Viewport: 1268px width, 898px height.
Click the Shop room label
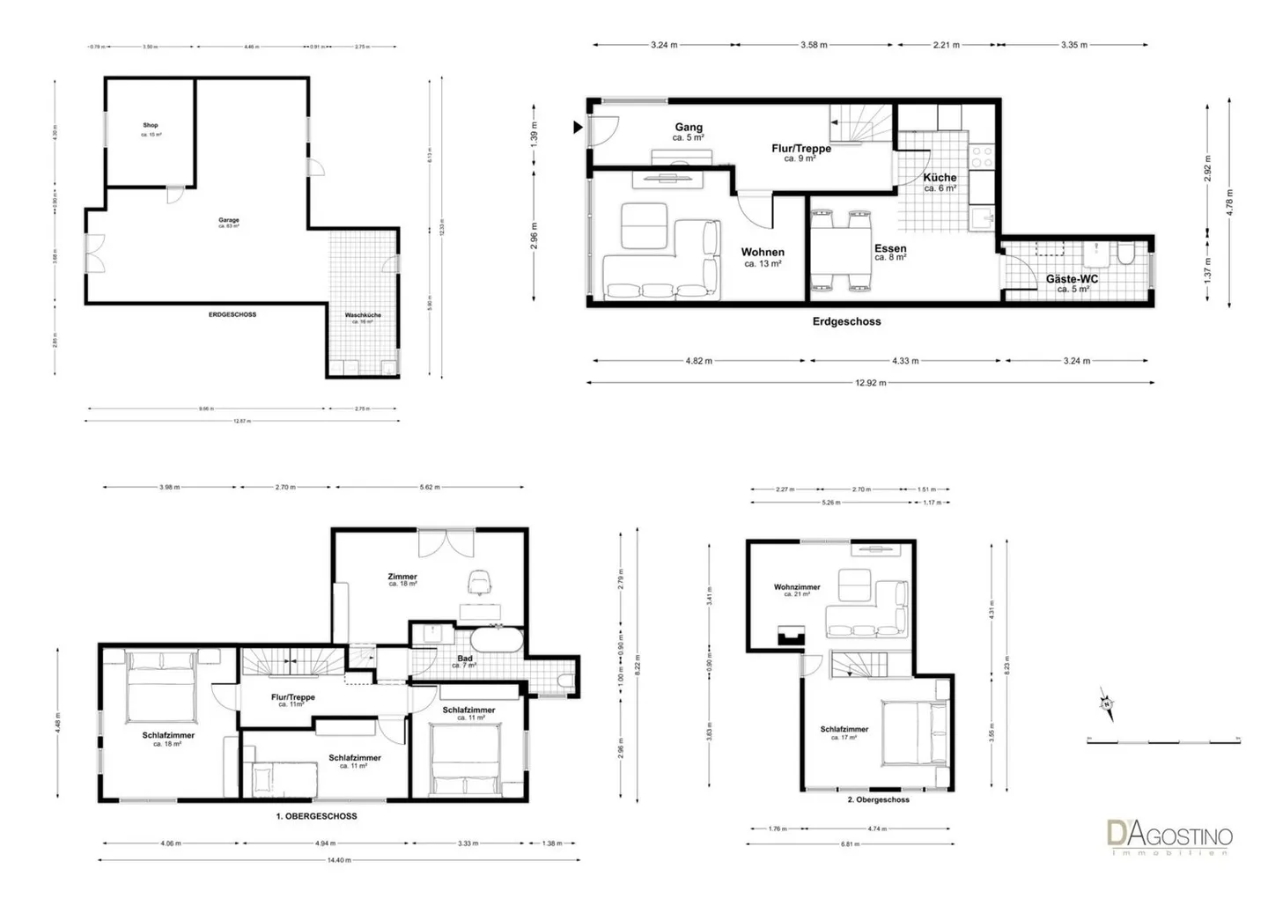[x=151, y=126]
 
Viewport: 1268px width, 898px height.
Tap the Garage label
[x=229, y=220]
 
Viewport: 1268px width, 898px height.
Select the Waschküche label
[x=363, y=315]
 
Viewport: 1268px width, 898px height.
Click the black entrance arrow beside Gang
[x=578, y=128]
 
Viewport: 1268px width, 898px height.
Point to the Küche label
[x=940, y=178]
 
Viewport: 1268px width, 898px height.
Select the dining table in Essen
[x=840, y=250]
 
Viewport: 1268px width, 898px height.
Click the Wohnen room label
[x=763, y=253]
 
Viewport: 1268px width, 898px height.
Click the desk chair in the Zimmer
[x=479, y=582]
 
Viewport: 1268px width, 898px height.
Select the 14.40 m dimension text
[x=338, y=860]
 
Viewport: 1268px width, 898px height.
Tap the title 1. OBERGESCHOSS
[x=317, y=816]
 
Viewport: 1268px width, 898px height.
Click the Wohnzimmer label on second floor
[x=797, y=587]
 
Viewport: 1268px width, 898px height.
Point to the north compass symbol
[x=1104, y=703]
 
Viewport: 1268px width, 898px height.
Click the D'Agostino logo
[x=1169, y=835]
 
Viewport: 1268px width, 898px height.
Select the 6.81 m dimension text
[x=850, y=844]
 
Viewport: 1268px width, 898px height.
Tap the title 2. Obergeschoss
[x=878, y=799]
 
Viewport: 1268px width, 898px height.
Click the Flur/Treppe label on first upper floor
[x=292, y=697]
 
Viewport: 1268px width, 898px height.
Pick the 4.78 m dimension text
[x=1230, y=202]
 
